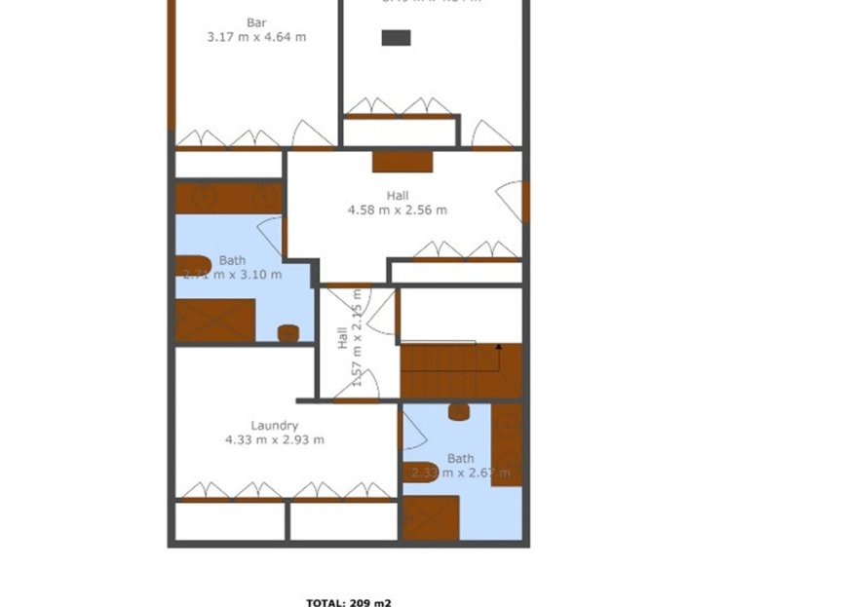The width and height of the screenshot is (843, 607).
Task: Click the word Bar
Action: click(256, 22)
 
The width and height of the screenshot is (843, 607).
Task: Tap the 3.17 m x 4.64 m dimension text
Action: click(256, 37)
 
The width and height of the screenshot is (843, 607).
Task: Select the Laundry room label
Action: click(274, 425)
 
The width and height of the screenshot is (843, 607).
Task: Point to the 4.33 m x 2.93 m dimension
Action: click(274, 439)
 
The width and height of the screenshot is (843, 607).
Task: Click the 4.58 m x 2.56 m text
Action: click(397, 209)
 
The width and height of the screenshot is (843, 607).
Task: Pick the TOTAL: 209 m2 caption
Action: click(349, 602)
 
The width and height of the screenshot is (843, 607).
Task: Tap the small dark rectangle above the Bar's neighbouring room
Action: click(396, 37)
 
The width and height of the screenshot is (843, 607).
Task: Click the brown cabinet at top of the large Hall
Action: click(402, 162)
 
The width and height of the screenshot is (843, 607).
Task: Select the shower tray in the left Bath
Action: click(215, 320)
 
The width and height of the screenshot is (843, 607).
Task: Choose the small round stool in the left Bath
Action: click(287, 333)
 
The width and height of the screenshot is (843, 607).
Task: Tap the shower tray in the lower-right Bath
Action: click(431, 517)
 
